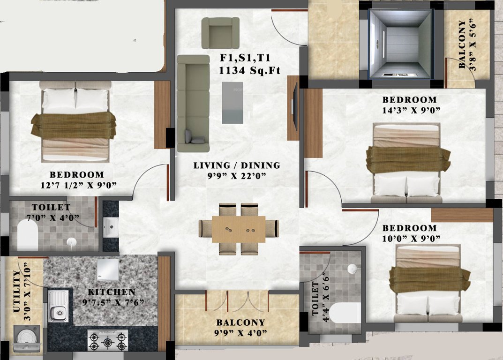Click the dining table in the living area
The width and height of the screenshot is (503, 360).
239,229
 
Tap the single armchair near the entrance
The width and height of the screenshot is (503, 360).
220,33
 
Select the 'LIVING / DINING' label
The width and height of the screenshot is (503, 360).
237,165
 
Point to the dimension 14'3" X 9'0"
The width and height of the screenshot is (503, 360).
411,110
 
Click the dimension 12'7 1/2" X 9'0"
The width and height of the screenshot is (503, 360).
78,185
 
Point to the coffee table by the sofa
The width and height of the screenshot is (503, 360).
233,103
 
